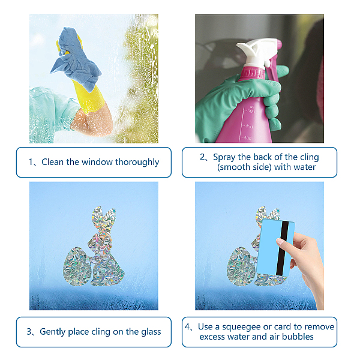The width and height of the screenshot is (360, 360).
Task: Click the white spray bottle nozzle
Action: tap(257, 52)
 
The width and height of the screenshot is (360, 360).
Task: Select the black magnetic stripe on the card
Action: tap(282, 248)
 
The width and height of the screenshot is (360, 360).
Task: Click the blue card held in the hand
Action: tap(275, 247)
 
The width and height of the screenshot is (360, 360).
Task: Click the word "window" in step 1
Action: tap(97, 162)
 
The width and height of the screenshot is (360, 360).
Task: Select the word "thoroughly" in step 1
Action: tap(137, 163)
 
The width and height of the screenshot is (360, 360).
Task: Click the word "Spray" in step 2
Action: tap(224, 157)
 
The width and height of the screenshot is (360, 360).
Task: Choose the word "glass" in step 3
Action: tap(151, 332)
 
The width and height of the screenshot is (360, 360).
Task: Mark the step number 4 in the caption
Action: tap(187, 327)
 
